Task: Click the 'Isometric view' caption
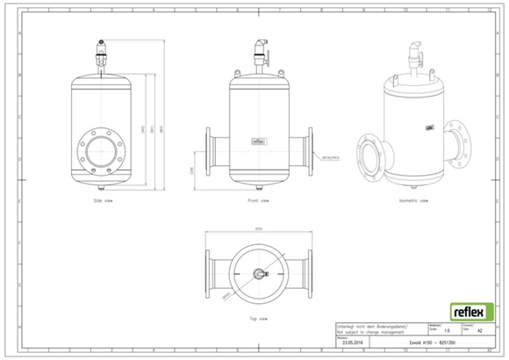412,201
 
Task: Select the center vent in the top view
258,270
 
